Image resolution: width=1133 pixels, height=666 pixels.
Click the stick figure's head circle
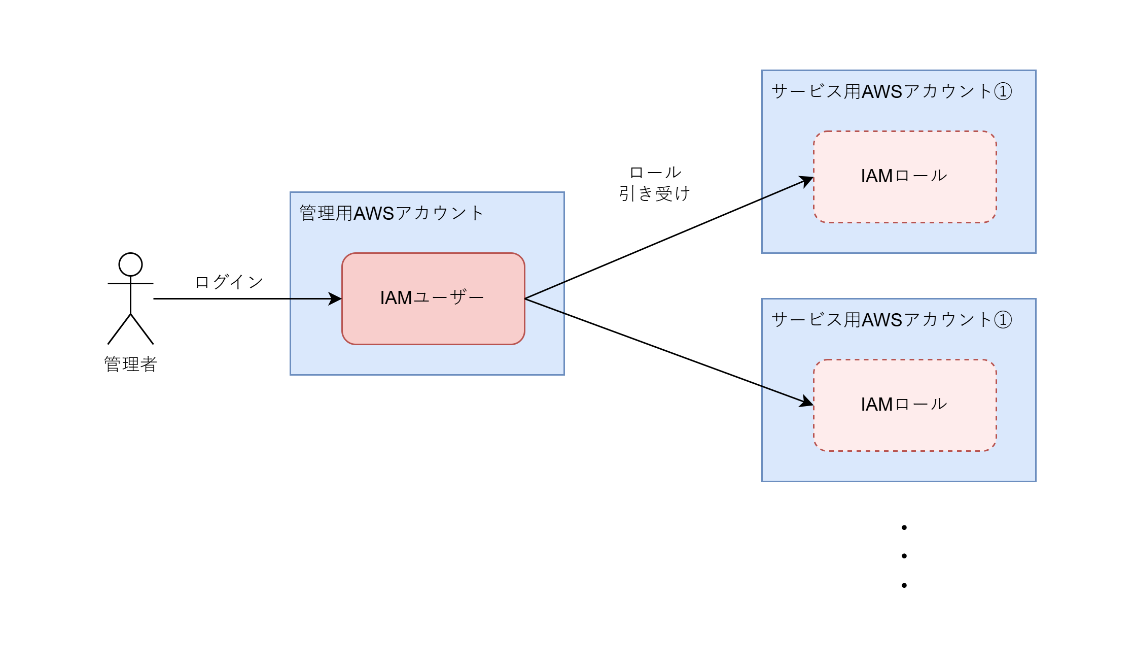pos(130,264)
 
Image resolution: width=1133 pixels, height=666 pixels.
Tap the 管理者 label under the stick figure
pos(130,364)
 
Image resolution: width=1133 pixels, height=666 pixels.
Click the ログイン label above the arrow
pos(229,282)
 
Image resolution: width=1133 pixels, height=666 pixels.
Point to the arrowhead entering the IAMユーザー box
pos(336,298)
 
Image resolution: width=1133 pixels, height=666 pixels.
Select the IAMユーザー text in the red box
pos(432,297)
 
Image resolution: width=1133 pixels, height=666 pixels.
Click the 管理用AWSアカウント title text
pos(392,213)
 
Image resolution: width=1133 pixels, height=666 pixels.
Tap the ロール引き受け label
pos(655,183)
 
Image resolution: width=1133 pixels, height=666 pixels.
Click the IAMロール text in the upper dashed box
pos(904,176)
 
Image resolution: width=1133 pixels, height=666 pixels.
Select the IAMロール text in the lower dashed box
pos(904,405)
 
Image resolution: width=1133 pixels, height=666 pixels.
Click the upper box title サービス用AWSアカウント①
pos(892,91)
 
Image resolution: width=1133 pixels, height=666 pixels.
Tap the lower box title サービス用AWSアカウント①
pos(892,320)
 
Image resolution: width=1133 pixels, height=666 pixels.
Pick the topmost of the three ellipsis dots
pos(904,528)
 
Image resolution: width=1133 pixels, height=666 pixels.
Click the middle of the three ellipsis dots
pos(904,556)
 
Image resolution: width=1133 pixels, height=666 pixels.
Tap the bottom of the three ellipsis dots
pos(904,585)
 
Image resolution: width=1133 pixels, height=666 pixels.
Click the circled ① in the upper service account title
pos(1003,92)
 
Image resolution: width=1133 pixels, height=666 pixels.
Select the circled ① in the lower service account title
pos(1003,320)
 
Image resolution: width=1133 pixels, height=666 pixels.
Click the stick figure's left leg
pos(119,329)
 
